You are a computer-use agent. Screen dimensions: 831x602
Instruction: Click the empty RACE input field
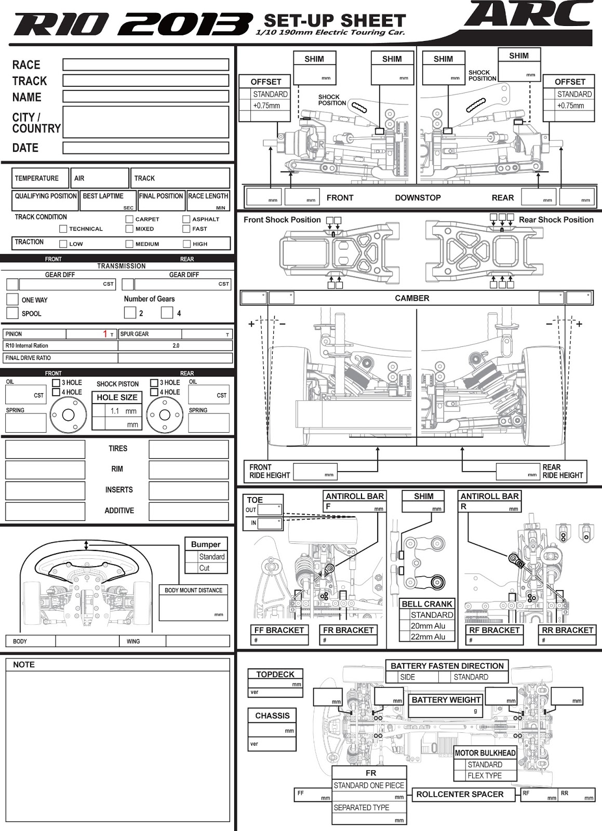coord(145,64)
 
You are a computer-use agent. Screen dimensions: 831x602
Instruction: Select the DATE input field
coord(145,148)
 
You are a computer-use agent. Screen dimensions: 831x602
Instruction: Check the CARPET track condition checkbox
coord(129,219)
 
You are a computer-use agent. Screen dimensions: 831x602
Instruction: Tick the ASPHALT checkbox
coord(186,219)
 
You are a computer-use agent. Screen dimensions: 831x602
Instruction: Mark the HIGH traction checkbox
coord(186,244)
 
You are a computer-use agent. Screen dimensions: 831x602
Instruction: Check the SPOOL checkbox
coord(12,313)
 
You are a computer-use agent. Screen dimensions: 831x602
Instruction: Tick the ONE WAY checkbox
coord(12,299)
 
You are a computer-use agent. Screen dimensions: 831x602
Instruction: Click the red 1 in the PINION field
coord(105,334)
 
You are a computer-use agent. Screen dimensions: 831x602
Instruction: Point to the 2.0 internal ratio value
coord(176,345)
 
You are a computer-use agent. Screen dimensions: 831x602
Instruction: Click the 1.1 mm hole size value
coord(115,411)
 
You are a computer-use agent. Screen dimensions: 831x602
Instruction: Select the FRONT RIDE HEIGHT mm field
coord(314,472)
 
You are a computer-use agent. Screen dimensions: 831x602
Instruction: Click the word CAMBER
coord(412,298)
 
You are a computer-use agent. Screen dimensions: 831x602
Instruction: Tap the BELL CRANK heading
coord(427,604)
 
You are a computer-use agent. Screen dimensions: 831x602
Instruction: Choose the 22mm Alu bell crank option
coord(427,637)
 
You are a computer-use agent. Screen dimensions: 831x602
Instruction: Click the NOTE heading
coord(24,664)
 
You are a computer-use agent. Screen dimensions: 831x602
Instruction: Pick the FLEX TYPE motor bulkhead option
coord(484,775)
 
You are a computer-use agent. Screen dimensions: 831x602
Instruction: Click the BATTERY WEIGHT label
coord(446,700)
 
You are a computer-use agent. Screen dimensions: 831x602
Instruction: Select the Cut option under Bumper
coord(205,568)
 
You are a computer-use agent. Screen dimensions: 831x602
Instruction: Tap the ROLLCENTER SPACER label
coord(460,794)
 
